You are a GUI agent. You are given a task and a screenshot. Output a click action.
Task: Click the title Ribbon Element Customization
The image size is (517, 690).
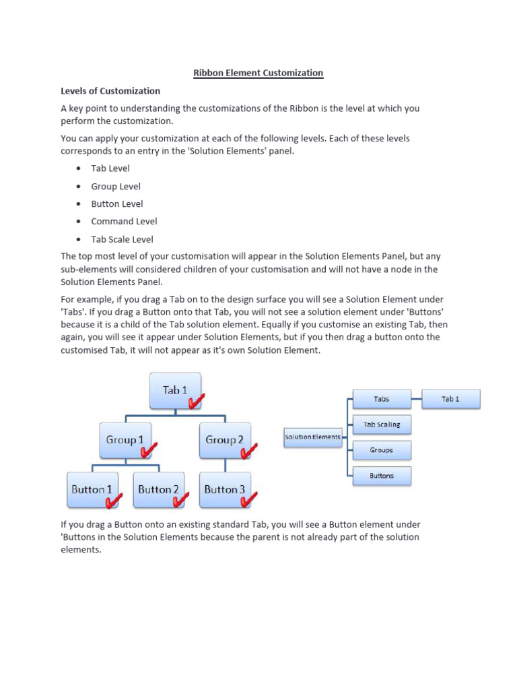pos(258,73)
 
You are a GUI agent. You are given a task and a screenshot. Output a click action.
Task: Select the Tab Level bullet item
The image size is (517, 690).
pos(110,168)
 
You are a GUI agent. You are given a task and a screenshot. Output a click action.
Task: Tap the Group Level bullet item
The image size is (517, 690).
pos(116,186)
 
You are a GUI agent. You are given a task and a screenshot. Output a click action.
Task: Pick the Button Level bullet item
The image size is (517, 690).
pos(117,203)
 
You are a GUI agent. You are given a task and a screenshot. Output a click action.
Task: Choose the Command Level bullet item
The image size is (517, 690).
pos(124,221)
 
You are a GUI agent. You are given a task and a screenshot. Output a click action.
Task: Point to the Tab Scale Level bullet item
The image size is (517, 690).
pos(122,239)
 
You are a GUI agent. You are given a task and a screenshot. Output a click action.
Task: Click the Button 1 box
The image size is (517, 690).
pos(92,490)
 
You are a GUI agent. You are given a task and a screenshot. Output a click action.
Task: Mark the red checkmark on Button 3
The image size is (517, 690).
pos(250,499)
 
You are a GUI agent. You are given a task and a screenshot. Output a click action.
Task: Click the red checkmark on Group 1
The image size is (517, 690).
pos(149,449)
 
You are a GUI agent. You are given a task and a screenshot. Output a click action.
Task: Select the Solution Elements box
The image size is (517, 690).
pos(312,437)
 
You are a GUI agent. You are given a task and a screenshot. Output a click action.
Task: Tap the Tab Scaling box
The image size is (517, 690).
pos(382,425)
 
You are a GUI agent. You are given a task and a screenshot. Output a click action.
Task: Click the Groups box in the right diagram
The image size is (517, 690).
pos(382,450)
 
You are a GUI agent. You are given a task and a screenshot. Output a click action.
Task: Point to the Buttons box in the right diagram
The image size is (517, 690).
pos(382,476)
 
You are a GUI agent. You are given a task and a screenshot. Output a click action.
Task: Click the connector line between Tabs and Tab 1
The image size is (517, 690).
pos(417,399)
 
